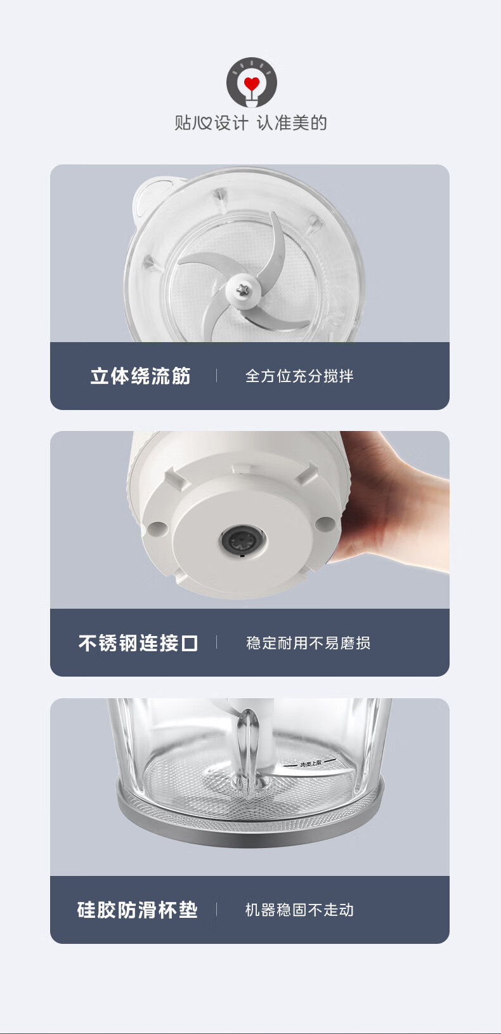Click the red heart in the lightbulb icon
click(251, 84)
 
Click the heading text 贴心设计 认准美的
click(251, 123)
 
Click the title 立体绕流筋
click(140, 376)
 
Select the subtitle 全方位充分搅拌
click(299, 376)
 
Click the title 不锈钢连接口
click(138, 642)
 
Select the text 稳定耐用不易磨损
click(308, 642)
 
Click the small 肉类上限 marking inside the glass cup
click(311, 764)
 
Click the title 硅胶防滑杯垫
click(137, 910)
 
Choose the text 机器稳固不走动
click(299, 910)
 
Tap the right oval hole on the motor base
click(325, 524)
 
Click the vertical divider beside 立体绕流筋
click(216, 376)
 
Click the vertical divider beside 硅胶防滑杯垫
click(216, 910)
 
